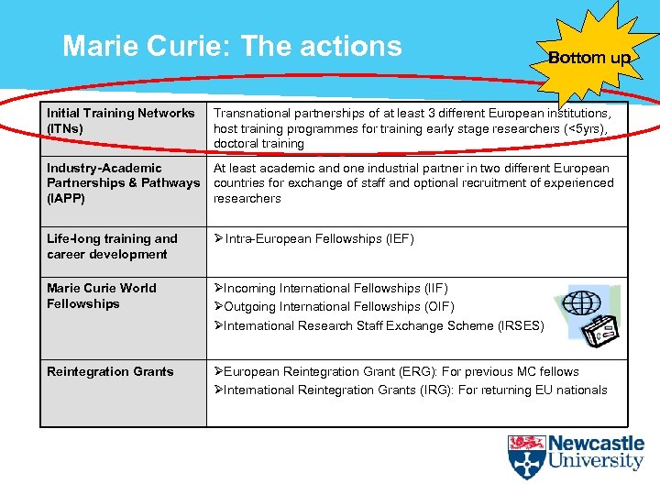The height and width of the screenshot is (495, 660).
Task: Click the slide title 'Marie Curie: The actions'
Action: [232, 46]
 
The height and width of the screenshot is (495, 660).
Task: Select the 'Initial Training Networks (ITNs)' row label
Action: [121, 120]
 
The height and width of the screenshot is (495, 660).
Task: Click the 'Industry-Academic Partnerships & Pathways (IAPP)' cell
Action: [123, 182]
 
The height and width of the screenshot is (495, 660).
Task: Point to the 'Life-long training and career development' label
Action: [112, 247]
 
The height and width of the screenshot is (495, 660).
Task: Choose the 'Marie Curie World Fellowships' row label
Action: [102, 295]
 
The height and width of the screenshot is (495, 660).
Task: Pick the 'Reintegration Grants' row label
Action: [110, 371]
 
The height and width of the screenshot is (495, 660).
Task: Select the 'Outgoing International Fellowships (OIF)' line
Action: [334, 306]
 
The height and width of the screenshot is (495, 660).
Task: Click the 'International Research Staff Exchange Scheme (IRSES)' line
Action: [379, 325]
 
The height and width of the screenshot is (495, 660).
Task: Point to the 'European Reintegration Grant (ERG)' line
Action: [396, 371]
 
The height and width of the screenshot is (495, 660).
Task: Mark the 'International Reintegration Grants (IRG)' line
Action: [410, 390]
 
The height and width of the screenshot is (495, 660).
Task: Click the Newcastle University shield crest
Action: [526, 456]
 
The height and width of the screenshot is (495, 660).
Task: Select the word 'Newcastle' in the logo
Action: [596, 444]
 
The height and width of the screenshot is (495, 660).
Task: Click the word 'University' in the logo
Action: [596, 462]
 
